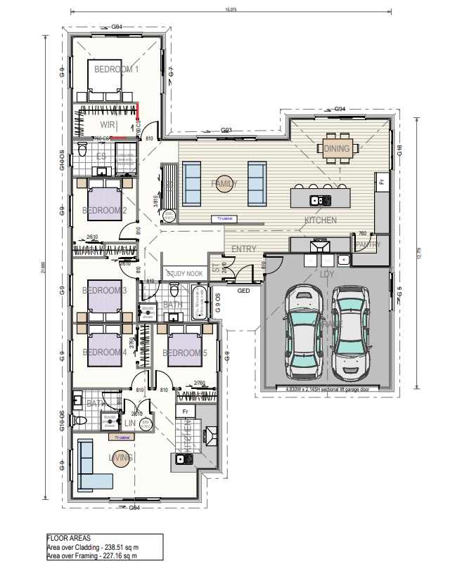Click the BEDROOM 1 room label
coord(117,70)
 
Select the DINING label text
coord(337,148)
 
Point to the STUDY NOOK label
coord(184,273)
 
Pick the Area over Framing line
coord(92,555)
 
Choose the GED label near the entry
coord(244,290)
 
